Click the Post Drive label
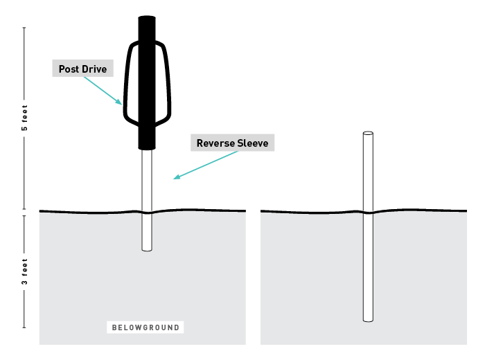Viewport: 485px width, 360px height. [x=82, y=69]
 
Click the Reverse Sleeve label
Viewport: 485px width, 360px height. [x=232, y=143]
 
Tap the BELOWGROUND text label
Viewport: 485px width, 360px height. [x=146, y=327]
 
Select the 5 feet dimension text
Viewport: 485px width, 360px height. [x=25, y=120]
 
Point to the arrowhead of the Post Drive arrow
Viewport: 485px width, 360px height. [x=121, y=104]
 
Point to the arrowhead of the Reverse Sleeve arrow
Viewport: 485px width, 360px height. [x=175, y=179]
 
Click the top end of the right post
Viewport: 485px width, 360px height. [x=368, y=133]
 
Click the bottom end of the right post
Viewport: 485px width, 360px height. [x=368, y=320]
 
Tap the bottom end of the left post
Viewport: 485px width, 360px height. [x=146, y=249]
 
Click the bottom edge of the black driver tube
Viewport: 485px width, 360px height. [x=147, y=148]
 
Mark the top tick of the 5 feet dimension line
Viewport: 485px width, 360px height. [x=25, y=27]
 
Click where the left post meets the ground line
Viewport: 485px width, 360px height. [x=146, y=212]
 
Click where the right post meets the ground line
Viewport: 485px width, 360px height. [x=368, y=212]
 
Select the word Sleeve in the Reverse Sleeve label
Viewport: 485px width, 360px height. [x=252, y=143]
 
